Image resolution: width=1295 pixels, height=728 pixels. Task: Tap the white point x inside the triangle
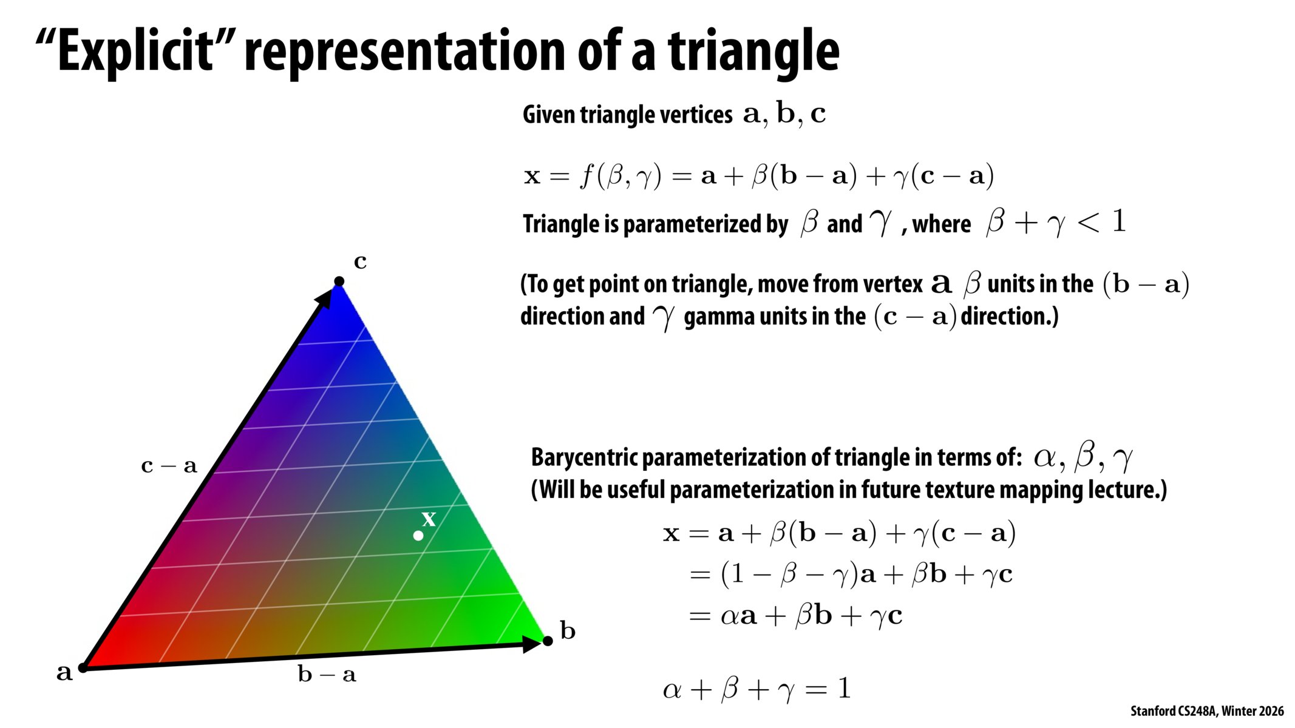pos(418,536)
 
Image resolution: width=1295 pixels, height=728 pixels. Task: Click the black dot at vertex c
pos(339,281)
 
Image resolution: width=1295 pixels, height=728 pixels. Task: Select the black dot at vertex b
pos(548,641)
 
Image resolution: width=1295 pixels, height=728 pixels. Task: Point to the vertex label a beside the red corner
pos(64,672)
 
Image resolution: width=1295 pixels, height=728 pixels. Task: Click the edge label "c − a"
pos(169,466)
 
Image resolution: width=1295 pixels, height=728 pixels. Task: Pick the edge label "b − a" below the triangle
pos(327,673)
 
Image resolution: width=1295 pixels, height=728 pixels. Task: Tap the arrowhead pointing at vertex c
pos(325,297)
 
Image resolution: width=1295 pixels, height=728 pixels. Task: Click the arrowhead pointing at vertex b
pos(532,643)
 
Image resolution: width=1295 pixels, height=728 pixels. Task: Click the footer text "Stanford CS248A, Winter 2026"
pos(1207,711)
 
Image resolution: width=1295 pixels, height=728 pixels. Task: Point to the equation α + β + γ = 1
pos(756,689)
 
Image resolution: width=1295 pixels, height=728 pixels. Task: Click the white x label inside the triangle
pos(429,519)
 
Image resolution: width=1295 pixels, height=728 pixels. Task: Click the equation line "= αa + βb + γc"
pos(796,616)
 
